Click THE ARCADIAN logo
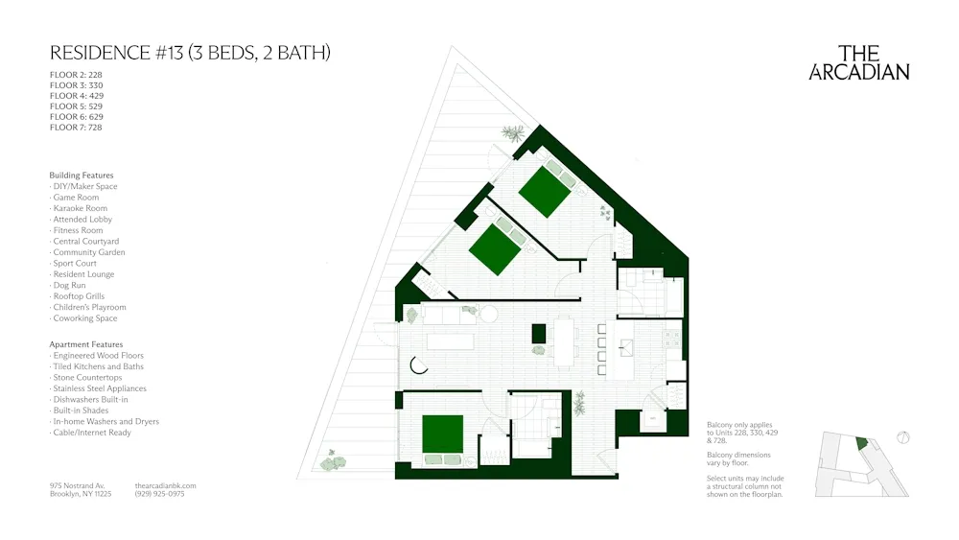click(859, 62)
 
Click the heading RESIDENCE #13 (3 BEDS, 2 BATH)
click(190, 53)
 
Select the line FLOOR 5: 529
click(76, 106)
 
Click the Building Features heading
click(82, 176)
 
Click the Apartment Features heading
click(86, 344)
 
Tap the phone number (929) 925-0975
click(160, 494)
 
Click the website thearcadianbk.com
click(166, 485)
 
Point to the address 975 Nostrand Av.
click(78, 485)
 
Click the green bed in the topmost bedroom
click(546, 191)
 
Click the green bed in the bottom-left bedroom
click(442, 434)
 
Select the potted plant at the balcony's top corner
click(515, 133)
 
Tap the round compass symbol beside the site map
click(901, 439)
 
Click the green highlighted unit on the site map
click(860, 444)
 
